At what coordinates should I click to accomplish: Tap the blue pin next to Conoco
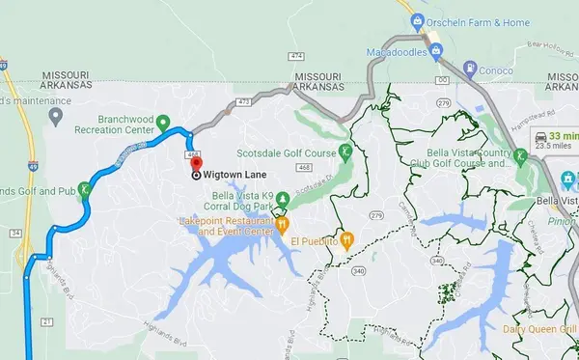point(470,69)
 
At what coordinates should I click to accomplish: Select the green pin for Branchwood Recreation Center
point(164,124)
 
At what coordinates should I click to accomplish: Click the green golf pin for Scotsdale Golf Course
point(345,152)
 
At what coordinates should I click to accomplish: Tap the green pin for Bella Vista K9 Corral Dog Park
point(283,200)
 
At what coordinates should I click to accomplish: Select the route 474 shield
point(295,56)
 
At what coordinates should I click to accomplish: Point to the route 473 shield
point(243,99)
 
